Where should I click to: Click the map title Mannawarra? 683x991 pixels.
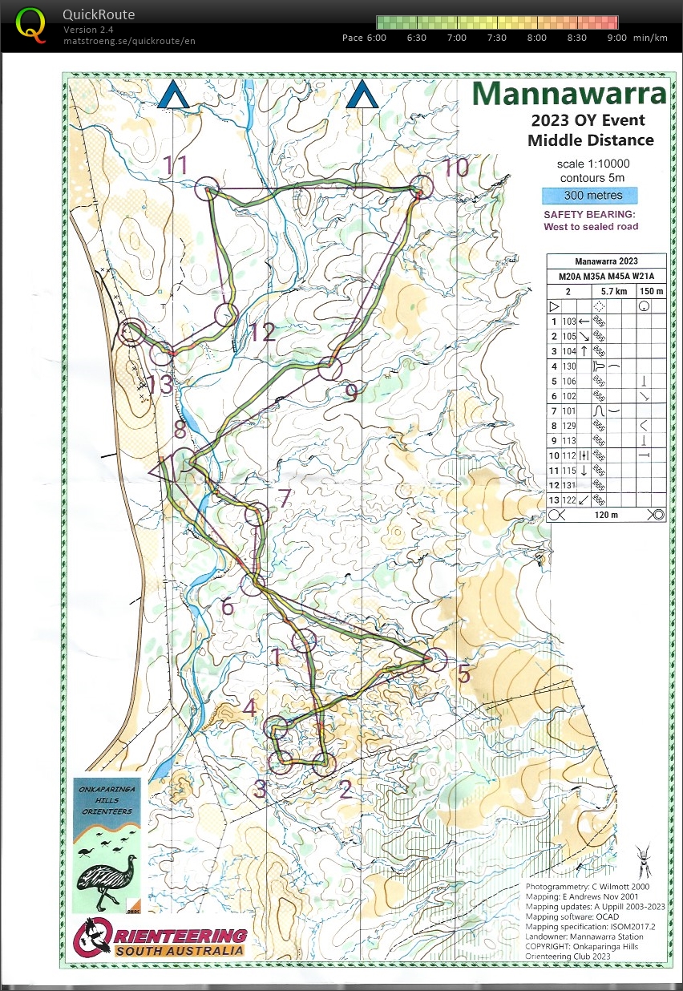(x=568, y=94)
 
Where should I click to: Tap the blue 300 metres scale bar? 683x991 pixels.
(x=589, y=196)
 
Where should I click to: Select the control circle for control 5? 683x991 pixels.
(x=434, y=659)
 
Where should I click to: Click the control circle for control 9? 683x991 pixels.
(x=329, y=370)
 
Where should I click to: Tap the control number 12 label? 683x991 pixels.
(x=261, y=332)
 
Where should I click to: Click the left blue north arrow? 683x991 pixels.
(x=172, y=95)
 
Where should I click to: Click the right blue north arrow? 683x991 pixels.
(x=362, y=95)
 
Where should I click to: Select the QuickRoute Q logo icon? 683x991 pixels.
(x=30, y=23)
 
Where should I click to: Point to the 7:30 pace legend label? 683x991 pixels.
(x=496, y=38)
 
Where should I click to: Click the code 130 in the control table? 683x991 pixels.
(x=570, y=366)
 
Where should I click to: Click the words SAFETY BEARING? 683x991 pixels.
(x=590, y=215)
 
